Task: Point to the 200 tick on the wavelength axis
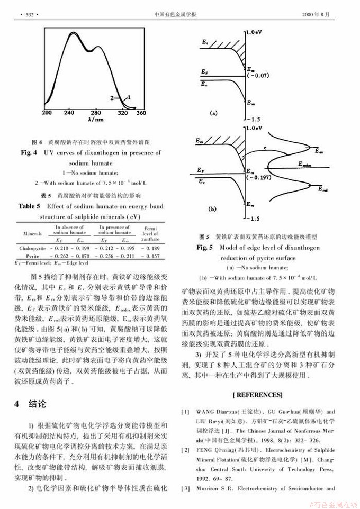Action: (x=47, y=113)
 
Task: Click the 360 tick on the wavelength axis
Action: (x=141, y=113)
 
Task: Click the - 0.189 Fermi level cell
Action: (x=151, y=248)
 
